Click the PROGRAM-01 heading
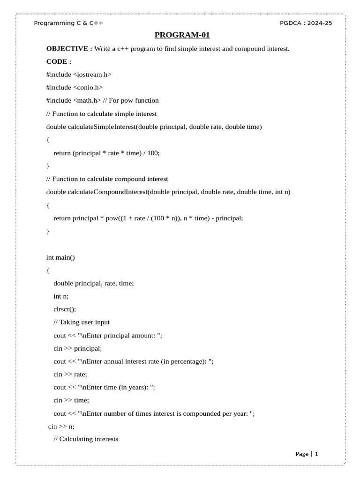[182, 35]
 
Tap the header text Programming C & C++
[69, 23]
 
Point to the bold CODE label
[59, 61]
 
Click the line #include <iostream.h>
[79, 74]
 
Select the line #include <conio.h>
[74, 87]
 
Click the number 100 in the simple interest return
[153, 153]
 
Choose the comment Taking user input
[82, 322]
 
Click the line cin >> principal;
[78, 348]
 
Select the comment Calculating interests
[86, 439]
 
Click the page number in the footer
[316, 454]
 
